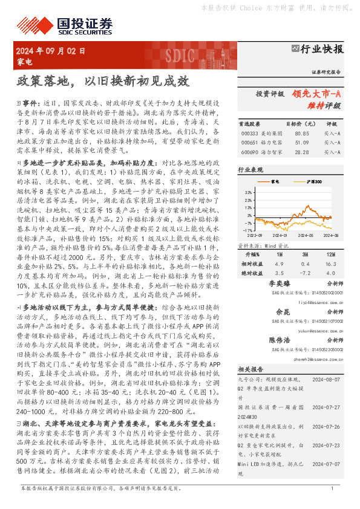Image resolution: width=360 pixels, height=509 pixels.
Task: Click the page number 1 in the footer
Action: (x=332, y=504)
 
